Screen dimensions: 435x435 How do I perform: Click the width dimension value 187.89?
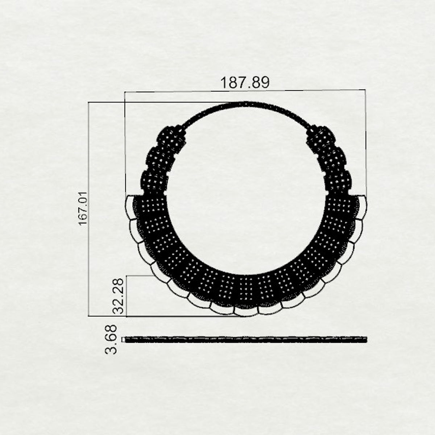[x=245, y=82]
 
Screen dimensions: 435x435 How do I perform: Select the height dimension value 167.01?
[x=83, y=208]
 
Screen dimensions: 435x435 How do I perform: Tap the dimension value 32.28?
[x=118, y=296]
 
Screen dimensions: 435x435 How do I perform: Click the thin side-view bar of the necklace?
[x=246, y=340]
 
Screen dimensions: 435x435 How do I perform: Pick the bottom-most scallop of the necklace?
[x=246, y=312]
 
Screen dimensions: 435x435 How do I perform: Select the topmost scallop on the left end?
[x=130, y=207]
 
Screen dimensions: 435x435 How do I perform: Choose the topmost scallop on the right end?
[x=362, y=207]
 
